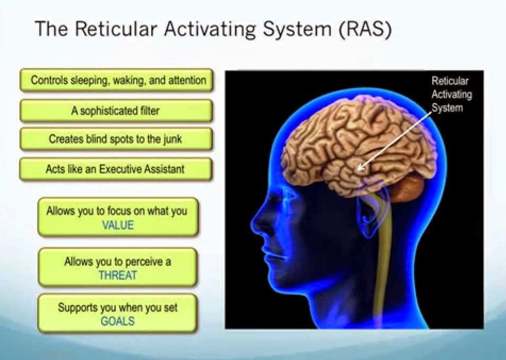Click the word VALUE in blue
[118, 225]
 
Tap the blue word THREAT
[118, 275]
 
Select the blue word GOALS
[118, 321]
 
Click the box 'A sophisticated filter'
[116, 111]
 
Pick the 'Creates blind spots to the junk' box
[116, 139]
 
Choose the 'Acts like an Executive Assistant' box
[116, 169]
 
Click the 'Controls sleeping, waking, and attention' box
[116, 80]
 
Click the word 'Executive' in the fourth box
[127, 169]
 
